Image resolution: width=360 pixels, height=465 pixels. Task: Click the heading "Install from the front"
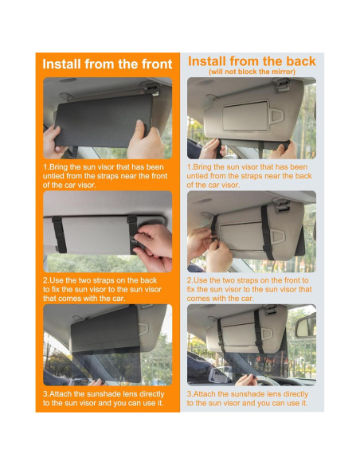pos(107,64)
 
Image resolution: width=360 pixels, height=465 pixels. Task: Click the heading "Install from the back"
pos(252,61)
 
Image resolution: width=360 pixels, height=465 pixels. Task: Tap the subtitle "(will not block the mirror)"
pos(252,72)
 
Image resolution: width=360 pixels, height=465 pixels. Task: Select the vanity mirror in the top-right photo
pos(245,115)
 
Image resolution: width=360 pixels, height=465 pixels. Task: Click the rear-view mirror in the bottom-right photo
pos(305,326)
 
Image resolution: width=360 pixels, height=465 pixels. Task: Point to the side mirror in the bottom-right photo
pos(221,374)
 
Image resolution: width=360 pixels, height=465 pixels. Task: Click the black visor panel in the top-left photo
pos(104,121)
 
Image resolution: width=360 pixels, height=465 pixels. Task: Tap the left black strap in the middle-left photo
pos(59,234)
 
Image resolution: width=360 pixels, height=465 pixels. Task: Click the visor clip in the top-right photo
pos(281,84)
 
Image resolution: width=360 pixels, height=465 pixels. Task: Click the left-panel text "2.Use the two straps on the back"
pos(100,280)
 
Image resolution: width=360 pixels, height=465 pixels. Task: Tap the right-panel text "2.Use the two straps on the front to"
pos(248,280)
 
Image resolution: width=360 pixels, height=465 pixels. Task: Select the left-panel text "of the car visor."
pos(69,185)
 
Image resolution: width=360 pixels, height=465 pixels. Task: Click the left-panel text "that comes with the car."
pos(84,299)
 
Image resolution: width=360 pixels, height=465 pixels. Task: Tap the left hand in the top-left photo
pos(53,143)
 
